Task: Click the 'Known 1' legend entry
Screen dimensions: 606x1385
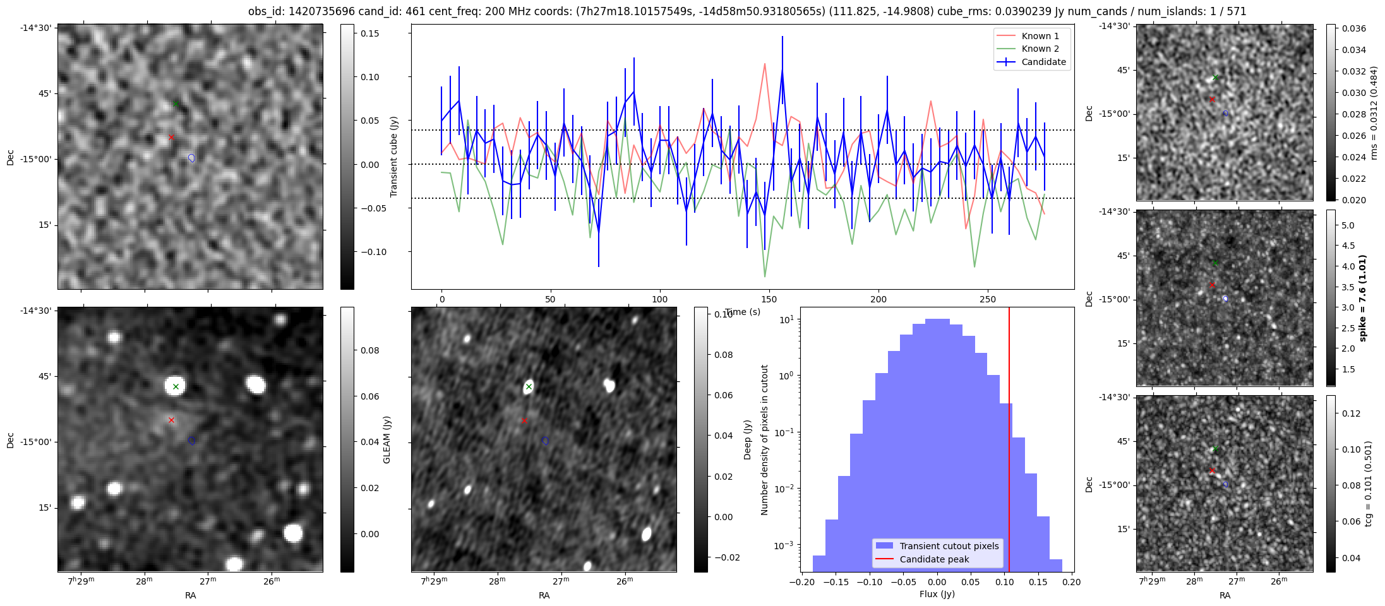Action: [x=1040, y=36]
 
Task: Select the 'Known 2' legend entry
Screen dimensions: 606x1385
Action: [x=1040, y=49]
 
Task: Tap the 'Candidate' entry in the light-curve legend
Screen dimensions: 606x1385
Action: [x=1043, y=62]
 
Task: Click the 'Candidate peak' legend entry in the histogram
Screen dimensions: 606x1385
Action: [x=934, y=559]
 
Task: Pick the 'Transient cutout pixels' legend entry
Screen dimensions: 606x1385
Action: [x=949, y=546]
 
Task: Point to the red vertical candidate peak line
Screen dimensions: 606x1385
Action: [x=1009, y=442]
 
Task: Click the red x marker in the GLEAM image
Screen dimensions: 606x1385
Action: [x=171, y=420]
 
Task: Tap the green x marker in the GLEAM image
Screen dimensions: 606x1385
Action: [x=176, y=386]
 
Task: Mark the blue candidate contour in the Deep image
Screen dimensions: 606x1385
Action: [x=545, y=441]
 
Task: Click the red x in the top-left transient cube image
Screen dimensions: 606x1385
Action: [x=171, y=137]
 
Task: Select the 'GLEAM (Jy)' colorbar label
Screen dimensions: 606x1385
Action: [x=387, y=439]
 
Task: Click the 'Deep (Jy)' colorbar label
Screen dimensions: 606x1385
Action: [x=747, y=439]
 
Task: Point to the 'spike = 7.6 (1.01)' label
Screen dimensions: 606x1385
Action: [x=1362, y=298]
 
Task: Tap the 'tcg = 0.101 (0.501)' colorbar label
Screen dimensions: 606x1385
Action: [x=1368, y=484]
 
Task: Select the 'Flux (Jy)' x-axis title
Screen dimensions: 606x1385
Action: [x=937, y=594]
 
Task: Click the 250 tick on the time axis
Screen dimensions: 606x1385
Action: [x=988, y=299]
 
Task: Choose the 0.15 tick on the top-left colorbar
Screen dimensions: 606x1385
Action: [x=370, y=33]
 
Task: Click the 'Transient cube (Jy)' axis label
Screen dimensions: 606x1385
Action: [x=394, y=157]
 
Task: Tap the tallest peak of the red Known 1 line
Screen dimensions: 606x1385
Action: [x=765, y=63]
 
